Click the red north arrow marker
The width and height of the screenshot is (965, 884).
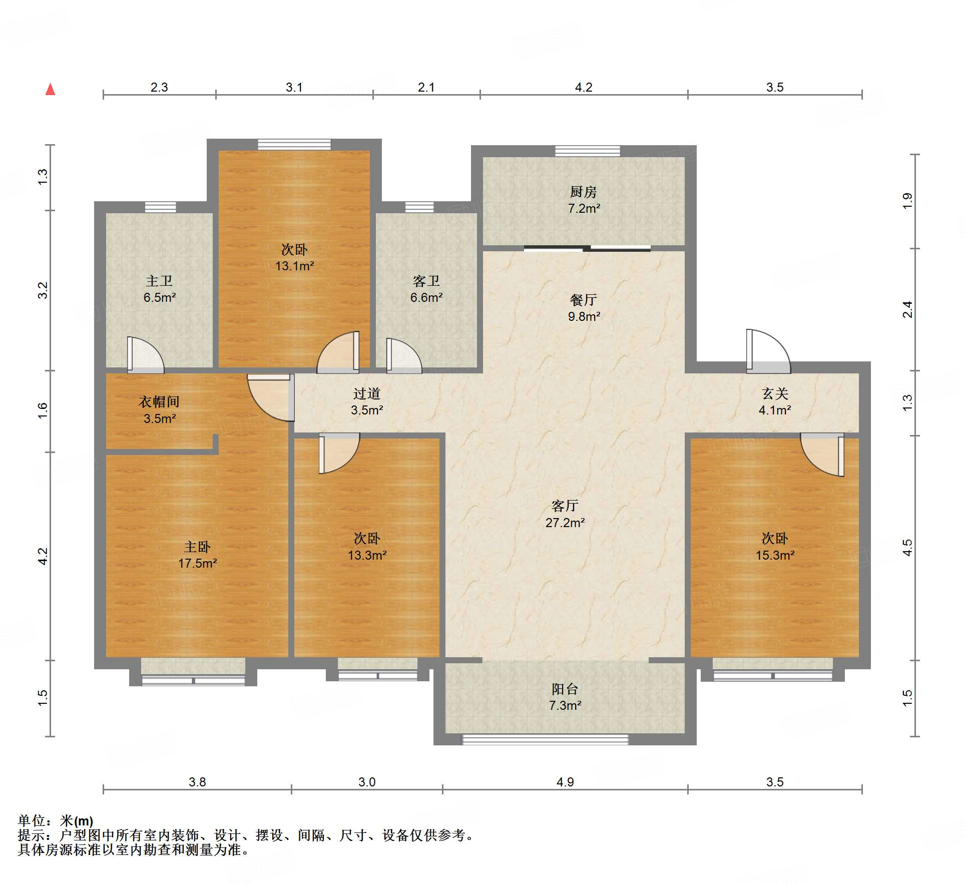(x=50, y=89)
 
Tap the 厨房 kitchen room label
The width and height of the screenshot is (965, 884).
(x=584, y=191)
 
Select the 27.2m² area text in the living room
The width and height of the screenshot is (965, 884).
(x=565, y=523)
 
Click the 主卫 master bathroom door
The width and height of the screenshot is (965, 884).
(x=145, y=355)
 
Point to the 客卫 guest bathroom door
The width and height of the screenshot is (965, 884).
(x=404, y=356)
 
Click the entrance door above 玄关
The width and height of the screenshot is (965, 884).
(x=768, y=351)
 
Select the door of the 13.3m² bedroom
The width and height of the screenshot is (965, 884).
(x=339, y=453)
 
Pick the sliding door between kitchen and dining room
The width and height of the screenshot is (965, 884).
(x=587, y=248)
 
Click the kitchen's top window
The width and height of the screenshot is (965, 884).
(x=588, y=151)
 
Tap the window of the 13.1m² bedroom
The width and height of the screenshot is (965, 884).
(x=294, y=145)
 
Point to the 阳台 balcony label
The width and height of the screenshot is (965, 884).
(x=565, y=689)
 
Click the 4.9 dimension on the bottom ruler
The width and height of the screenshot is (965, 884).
(x=565, y=782)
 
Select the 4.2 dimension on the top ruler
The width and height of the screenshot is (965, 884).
(x=584, y=87)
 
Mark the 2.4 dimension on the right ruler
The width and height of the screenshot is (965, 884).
(x=907, y=309)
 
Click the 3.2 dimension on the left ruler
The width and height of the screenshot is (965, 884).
(x=43, y=290)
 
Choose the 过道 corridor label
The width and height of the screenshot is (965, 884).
(x=367, y=393)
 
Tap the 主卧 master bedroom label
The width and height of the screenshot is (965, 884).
(x=197, y=547)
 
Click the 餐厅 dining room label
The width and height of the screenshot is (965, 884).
(x=584, y=300)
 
